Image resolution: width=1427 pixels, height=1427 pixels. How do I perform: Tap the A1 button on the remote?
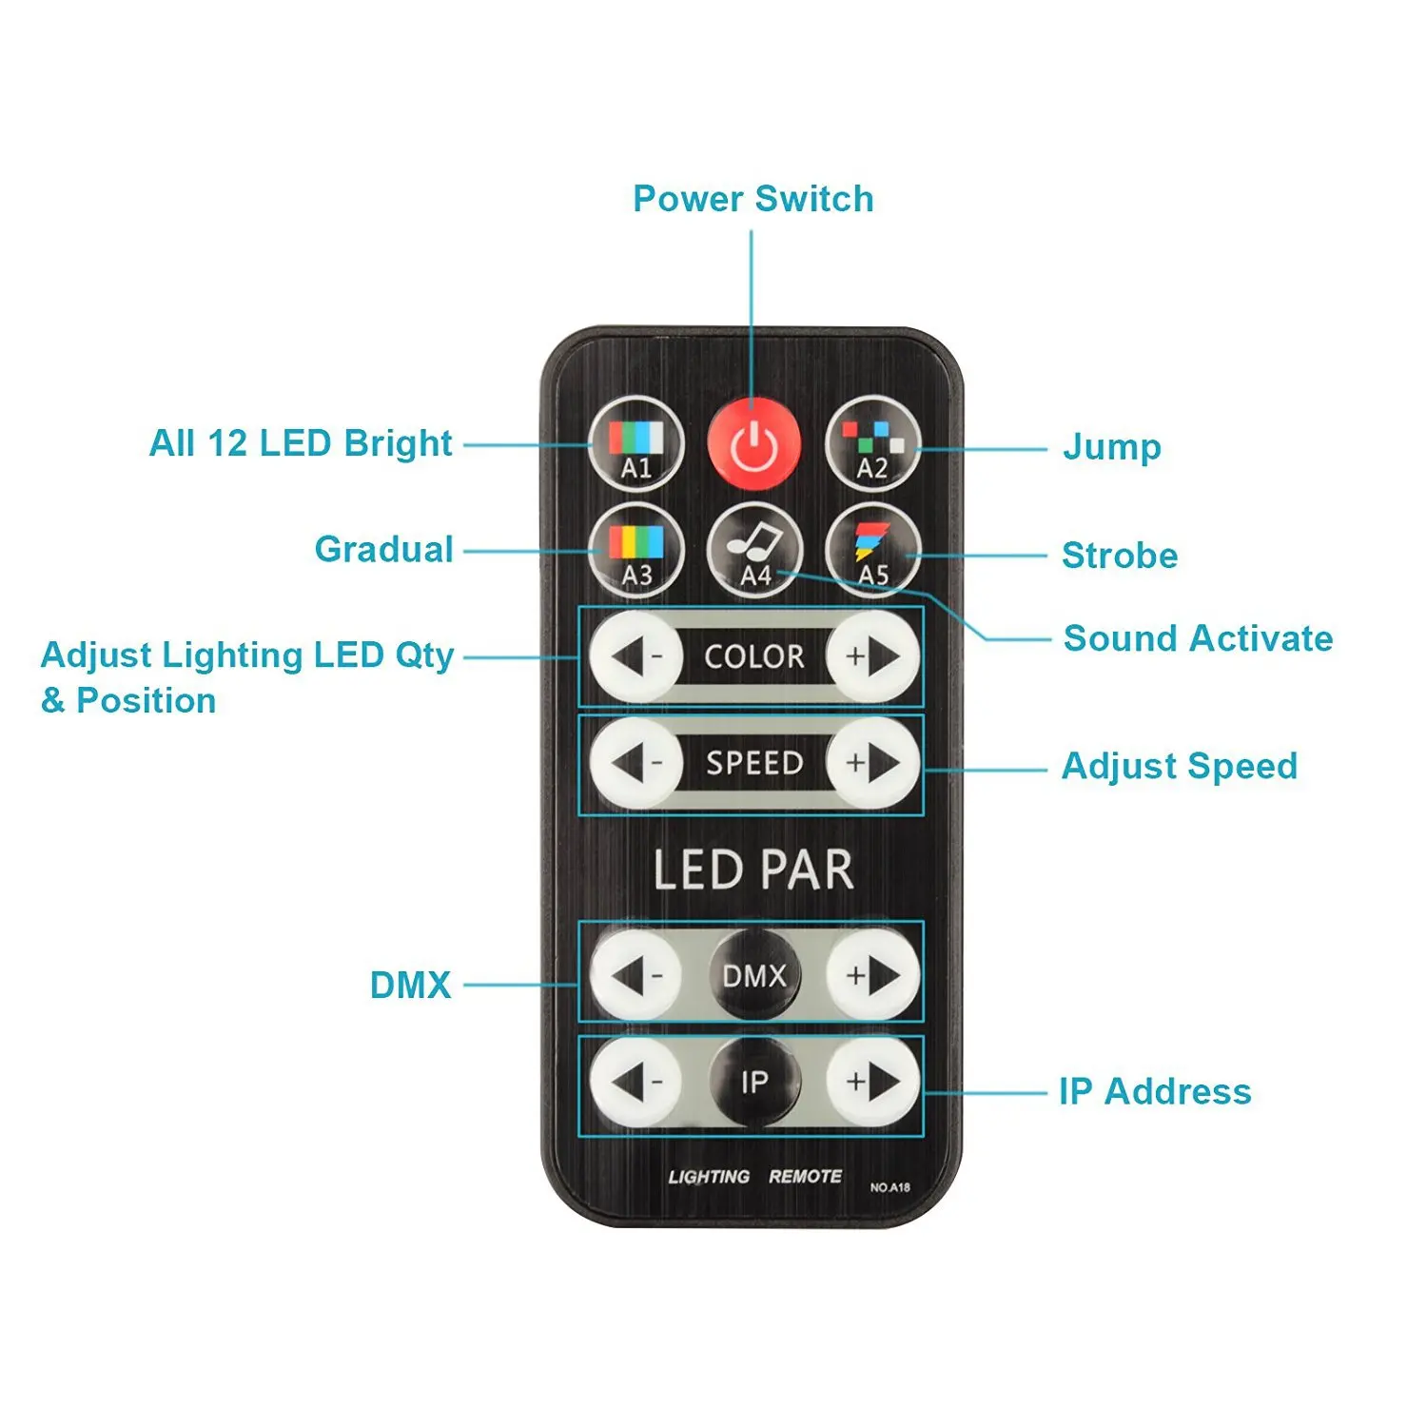tap(636, 444)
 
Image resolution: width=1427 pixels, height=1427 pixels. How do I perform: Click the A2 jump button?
tap(872, 444)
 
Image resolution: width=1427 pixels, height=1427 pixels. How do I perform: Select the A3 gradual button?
tap(636, 551)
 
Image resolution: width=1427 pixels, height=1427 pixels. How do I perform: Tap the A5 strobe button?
tap(872, 551)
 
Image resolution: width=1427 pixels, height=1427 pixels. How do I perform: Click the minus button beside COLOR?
tap(636, 656)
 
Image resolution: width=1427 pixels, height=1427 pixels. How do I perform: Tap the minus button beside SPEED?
tap(636, 763)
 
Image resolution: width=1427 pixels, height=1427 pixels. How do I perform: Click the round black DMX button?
tap(754, 974)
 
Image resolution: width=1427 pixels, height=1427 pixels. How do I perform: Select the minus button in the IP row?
tap(636, 1082)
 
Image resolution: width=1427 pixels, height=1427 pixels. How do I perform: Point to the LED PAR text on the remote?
tap(753, 870)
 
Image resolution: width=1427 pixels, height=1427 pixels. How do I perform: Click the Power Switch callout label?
tap(753, 199)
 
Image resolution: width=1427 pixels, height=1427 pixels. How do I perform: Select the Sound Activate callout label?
tap(1199, 638)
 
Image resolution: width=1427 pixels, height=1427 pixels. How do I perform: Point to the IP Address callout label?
tap(1156, 1091)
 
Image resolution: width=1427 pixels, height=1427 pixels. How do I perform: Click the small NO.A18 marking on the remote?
tap(890, 1187)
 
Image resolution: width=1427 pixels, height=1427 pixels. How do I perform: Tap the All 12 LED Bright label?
tap(301, 443)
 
